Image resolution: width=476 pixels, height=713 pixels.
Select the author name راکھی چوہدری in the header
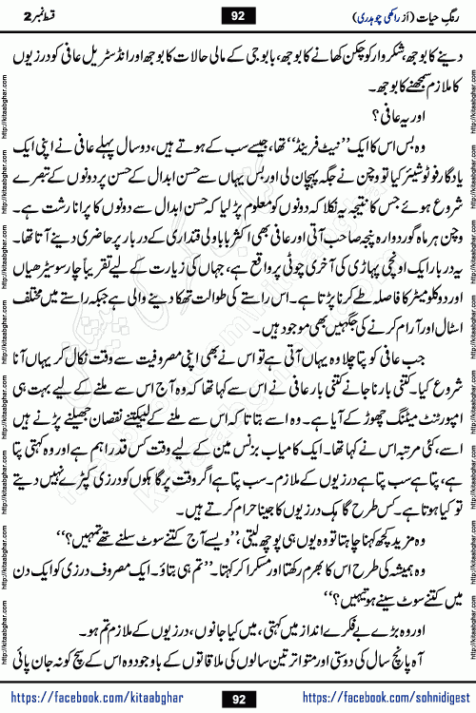tap(351, 17)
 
